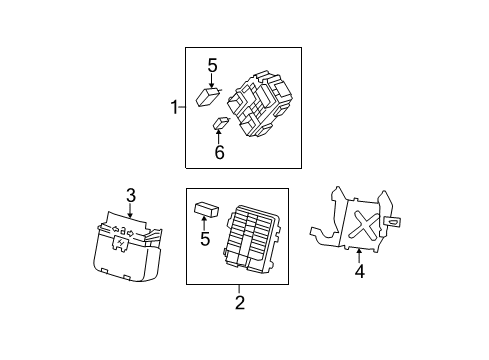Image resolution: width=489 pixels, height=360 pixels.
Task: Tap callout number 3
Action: point(130,196)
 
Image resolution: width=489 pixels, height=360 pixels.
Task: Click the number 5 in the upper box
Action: point(212,66)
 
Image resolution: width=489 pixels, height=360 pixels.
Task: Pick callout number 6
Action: point(219,153)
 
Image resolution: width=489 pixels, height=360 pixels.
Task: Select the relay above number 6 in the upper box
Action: point(210,96)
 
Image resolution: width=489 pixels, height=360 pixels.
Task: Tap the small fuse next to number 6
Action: point(221,124)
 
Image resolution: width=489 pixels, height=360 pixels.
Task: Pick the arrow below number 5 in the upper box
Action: point(212,80)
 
